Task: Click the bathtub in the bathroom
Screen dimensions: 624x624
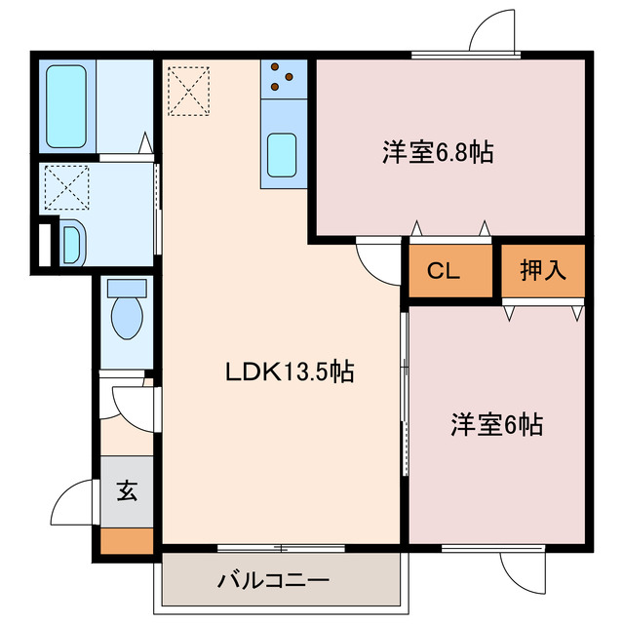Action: pyautogui.click(x=66, y=105)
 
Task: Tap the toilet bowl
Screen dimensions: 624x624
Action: pyautogui.click(x=127, y=318)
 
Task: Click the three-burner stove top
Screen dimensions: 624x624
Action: pyautogui.click(x=284, y=78)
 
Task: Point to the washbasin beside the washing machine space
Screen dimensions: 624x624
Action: pyautogui.click(x=72, y=242)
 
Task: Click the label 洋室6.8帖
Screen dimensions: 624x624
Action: pyautogui.click(x=437, y=152)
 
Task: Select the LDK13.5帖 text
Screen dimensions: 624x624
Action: pyautogui.click(x=290, y=371)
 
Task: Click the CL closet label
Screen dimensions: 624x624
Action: pyautogui.click(x=443, y=272)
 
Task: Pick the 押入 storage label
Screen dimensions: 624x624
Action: pyautogui.click(x=543, y=271)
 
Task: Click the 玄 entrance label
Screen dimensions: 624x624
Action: pyautogui.click(x=128, y=490)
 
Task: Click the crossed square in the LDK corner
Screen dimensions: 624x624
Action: pyautogui.click(x=188, y=89)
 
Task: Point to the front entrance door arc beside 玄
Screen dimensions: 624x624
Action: pyautogui.click(x=73, y=507)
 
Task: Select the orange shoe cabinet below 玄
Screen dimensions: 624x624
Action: pyautogui.click(x=128, y=540)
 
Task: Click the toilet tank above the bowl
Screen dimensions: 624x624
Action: pyautogui.click(x=127, y=289)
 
